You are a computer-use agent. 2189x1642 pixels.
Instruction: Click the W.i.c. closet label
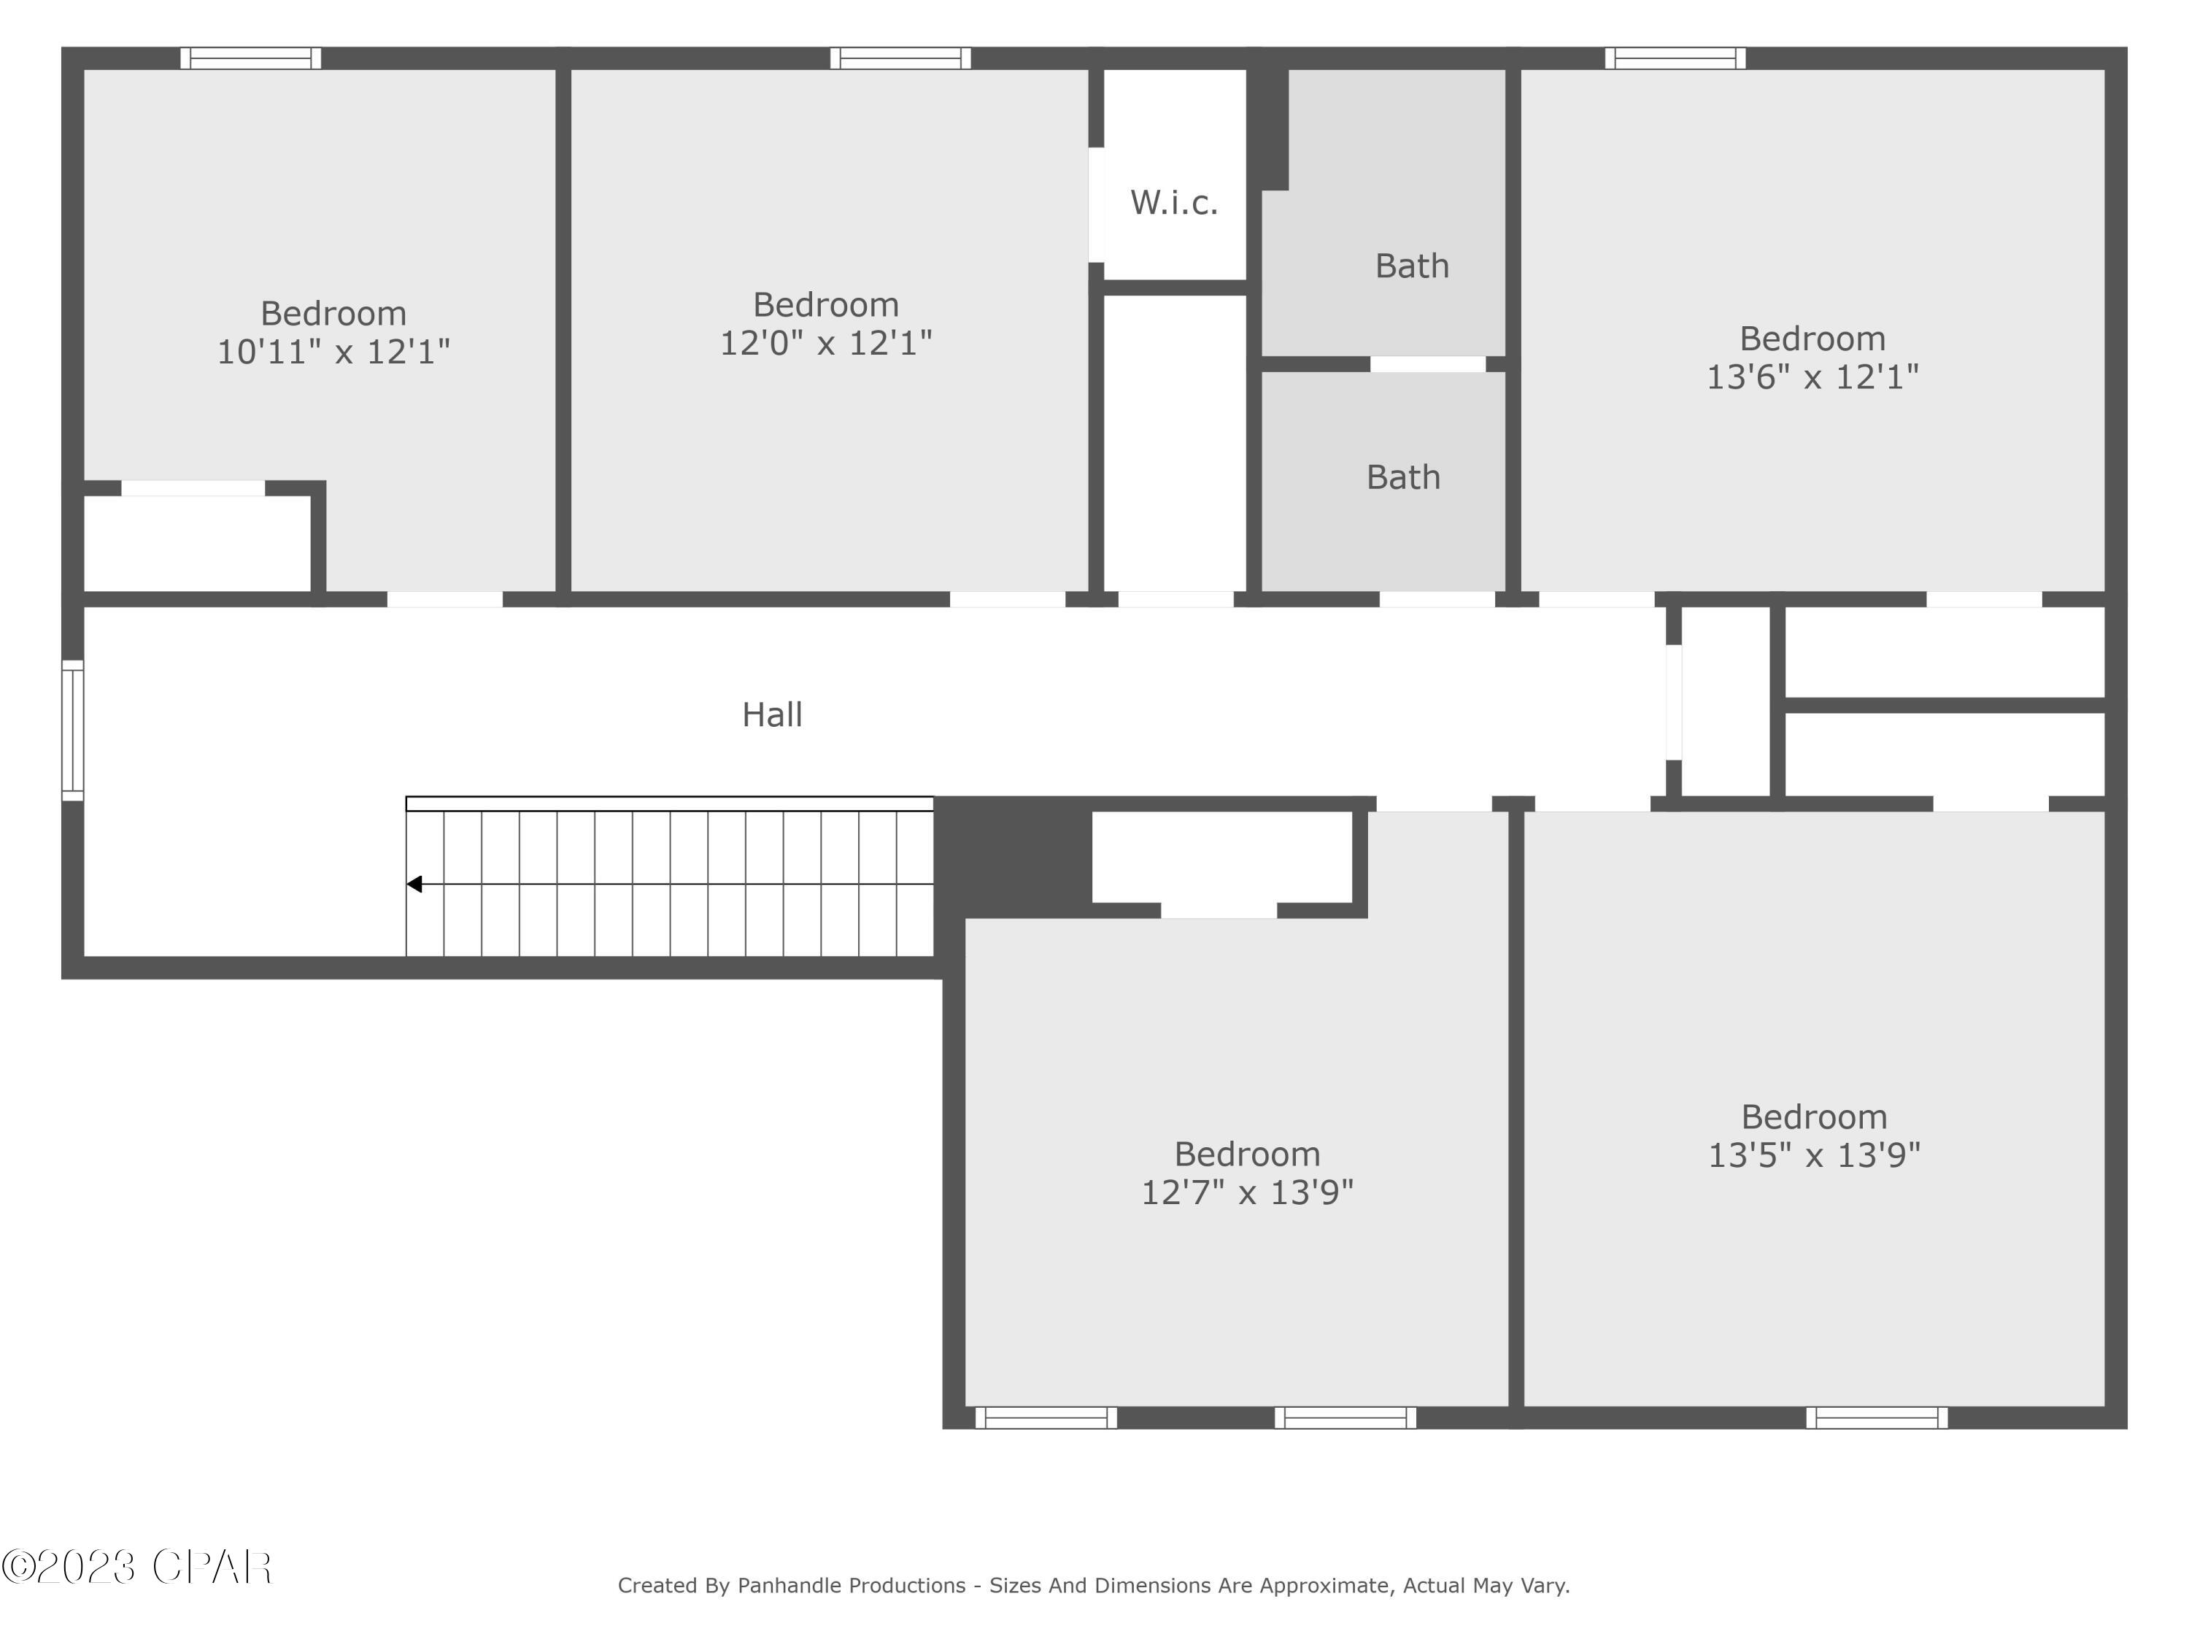(1173, 203)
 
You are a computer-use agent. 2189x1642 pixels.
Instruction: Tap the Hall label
(772, 714)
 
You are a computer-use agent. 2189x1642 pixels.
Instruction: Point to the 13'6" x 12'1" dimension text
(1812, 377)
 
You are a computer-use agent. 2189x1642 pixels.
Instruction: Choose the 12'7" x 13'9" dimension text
(1247, 1192)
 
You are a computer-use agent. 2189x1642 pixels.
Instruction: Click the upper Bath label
(1411, 266)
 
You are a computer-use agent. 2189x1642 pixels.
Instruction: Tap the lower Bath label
(1402, 478)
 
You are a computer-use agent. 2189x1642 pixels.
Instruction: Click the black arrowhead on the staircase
(414, 884)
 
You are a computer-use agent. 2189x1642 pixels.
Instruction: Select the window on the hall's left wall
(72, 731)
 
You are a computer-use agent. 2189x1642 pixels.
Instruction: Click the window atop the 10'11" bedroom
(250, 58)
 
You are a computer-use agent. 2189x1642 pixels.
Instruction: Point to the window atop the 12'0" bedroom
(900, 58)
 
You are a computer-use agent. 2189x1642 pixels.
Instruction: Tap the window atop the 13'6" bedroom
(1675, 58)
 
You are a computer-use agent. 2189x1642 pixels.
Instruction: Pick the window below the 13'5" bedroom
(1876, 1417)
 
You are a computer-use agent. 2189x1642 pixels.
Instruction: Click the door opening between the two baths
(1427, 364)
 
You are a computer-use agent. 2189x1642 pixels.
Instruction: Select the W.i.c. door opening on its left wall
(1097, 205)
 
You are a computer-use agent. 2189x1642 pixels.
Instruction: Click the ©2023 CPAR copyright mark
(136, 1567)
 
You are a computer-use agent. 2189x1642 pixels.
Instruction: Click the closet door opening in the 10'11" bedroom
(193, 488)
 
